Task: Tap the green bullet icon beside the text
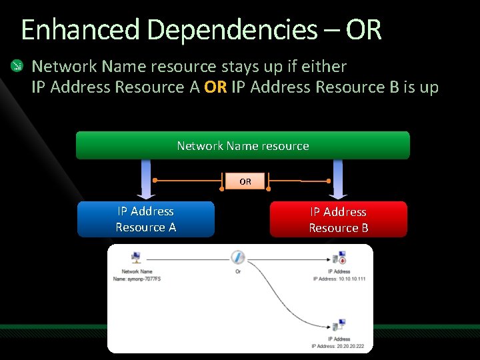15,66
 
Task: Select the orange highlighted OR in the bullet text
215,87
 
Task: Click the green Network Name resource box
243,145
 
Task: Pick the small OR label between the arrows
245,181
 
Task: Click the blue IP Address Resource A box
146,219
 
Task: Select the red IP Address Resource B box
338,220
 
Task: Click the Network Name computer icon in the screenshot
136,258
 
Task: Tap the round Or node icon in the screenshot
238,257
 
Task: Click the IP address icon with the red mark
339,258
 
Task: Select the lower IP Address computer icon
339,327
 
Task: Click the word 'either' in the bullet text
325,67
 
